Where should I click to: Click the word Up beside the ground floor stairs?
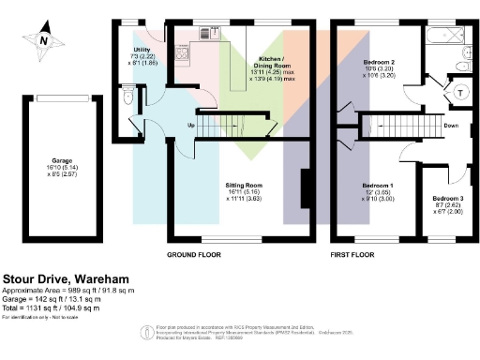tap(191, 125)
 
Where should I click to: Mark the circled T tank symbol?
tap(461, 94)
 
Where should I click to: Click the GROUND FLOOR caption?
tap(194, 254)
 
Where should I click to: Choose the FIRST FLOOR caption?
tap(354, 254)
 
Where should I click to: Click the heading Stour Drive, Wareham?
tap(63, 278)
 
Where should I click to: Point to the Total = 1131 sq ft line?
tap(55, 309)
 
